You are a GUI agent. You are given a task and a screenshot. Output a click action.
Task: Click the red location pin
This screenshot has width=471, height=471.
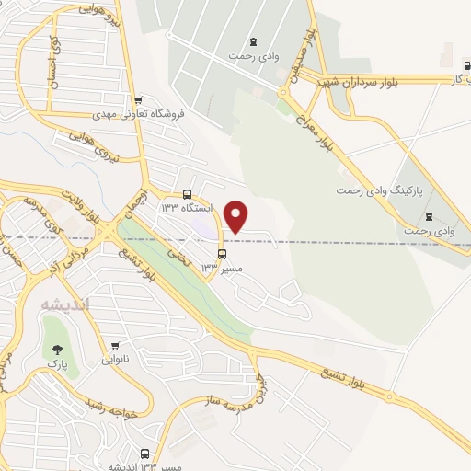click(236, 216)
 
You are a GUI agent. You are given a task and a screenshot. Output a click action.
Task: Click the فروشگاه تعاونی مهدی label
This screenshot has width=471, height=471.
click(139, 116)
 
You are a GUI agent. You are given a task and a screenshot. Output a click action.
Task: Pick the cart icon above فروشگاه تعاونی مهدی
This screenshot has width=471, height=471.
click(138, 101)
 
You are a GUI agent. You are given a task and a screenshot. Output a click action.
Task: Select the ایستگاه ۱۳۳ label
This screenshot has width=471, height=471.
click(187, 209)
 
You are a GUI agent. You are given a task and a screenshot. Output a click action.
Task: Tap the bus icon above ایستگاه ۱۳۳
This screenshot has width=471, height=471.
click(188, 194)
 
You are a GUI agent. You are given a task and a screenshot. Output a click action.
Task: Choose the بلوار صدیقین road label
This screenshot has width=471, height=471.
click(310, 55)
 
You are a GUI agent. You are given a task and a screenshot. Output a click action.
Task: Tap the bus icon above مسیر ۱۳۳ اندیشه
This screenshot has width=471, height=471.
click(144, 454)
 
